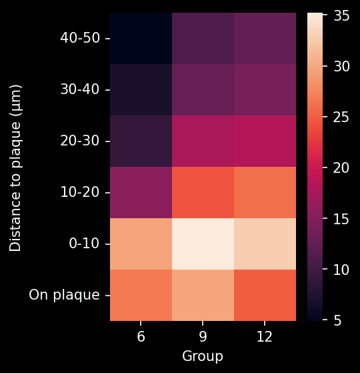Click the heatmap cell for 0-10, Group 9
tap(203, 244)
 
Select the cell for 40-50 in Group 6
tap(141, 38)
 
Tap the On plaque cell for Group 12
tap(265, 295)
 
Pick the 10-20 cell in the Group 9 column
tap(203, 192)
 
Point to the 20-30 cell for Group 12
tap(265, 141)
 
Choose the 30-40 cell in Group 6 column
tap(141, 89)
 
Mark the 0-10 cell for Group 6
tap(141, 244)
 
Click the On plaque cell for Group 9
tap(203, 295)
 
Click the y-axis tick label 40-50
tap(80, 38)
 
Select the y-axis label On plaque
tap(65, 295)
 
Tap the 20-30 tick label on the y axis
tap(80, 141)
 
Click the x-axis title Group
tap(203, 357)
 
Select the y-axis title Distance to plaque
tap(16, 167)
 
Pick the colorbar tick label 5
tap(339, 321)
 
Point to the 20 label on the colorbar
tap(342, 167)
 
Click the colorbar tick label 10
tap(342, 270)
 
